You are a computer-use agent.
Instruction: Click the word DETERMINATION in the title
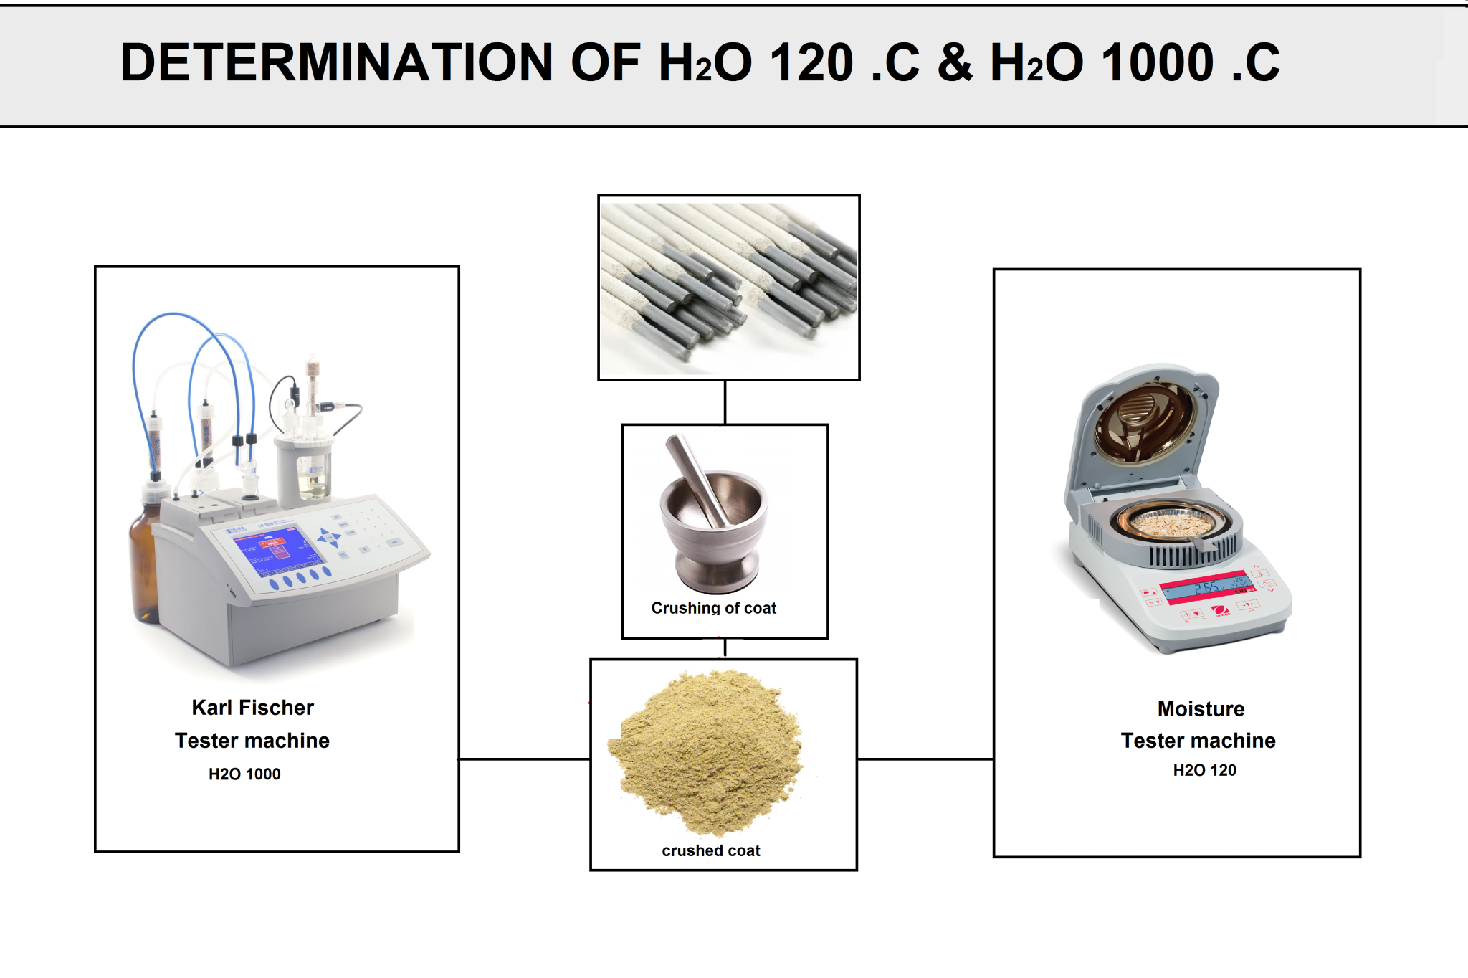click(x=336, y=62)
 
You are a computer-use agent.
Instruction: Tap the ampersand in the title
click(x=954, y=62)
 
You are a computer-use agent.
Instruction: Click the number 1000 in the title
click(x=1157, y=62)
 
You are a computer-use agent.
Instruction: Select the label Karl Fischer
click(x=252, y=708)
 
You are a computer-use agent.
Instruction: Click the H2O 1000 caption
click(x=244, y=774)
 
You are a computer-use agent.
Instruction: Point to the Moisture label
click(x=1201, y=708)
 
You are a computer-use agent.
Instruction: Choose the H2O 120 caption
click(x=1204, y=770)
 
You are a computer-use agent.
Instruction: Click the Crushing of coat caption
click(x=713, y=608)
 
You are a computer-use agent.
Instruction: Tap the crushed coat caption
click(x=710, y=850)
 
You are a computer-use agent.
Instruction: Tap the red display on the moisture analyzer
click(x=1208, y=588)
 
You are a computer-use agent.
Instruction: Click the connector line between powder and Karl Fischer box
click(x=524, y=759)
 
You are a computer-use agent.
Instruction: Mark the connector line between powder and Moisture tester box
click(x=925, y=759)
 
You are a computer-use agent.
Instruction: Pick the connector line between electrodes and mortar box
click(x=725, y=402)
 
